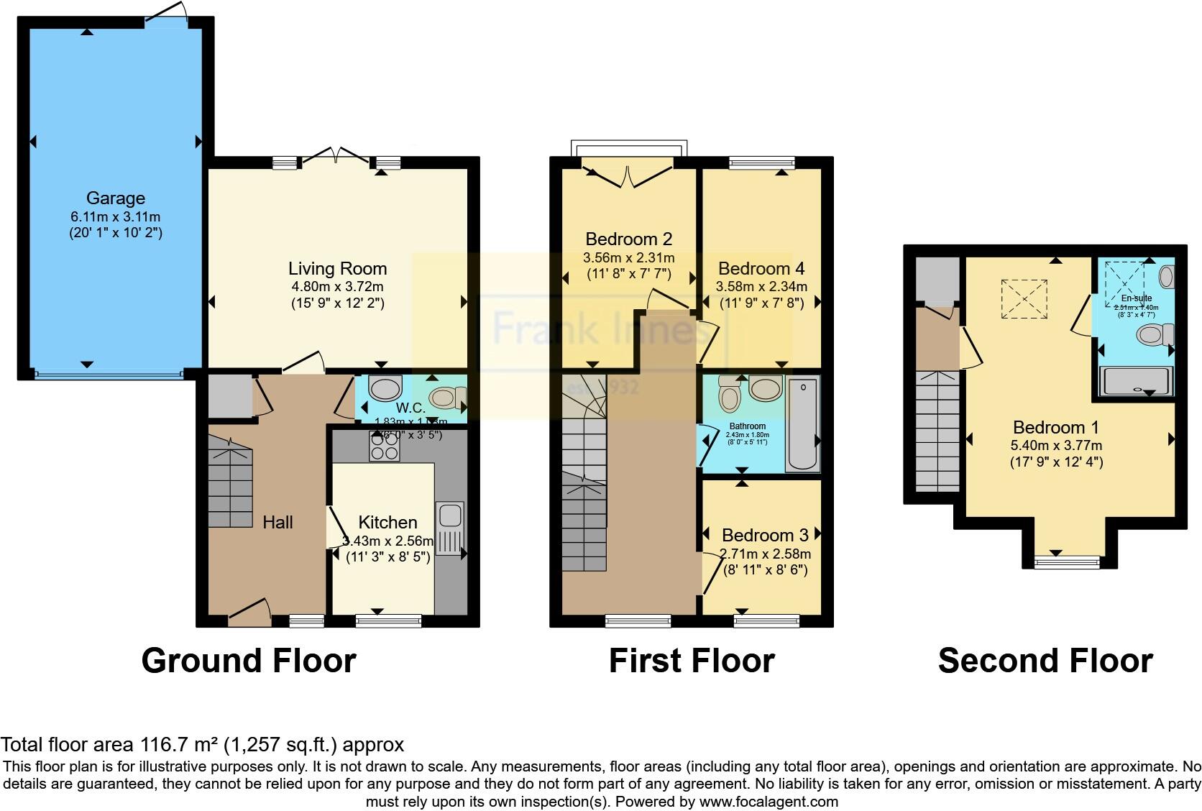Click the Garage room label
(x=115, y=198)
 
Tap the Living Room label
(x=337, y=269)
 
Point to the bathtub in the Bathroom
(x=802, y=424)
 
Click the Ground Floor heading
(x=249, y=661)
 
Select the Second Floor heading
(x=1045, y=661)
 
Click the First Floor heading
(x=692, y=661)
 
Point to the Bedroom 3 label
(x=765, y=535)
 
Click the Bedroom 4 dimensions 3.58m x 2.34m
(x=761, y=286)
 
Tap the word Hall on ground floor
(x=277, y=523)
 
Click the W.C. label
(x=410, y=409)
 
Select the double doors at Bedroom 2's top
(x=628, y=175)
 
